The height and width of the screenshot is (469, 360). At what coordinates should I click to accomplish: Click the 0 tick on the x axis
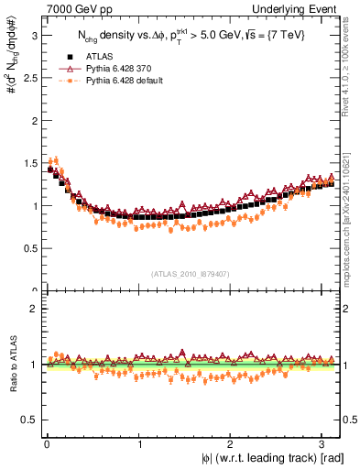[x=47, y=444]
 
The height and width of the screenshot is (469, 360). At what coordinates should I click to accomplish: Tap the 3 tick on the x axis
[x=325, y=444]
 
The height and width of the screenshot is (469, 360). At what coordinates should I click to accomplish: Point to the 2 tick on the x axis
[x=233, y=444]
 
